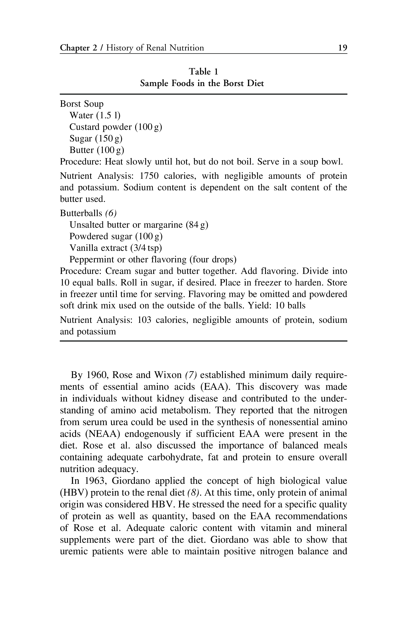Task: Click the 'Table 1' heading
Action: (204, 71)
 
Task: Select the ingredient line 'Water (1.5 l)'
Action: (95, 115)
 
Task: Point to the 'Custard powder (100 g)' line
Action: (115, 127)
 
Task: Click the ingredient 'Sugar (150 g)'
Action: (96, 138)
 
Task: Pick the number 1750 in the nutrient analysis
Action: (149, 176)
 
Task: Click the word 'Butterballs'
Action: (81, 213)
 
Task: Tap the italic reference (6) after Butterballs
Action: (111, 213)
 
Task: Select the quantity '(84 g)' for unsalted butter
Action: (197, 225)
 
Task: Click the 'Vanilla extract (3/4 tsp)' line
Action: (115, 248)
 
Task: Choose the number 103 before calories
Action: (145, 320)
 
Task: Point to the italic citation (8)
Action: (194, 492)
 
